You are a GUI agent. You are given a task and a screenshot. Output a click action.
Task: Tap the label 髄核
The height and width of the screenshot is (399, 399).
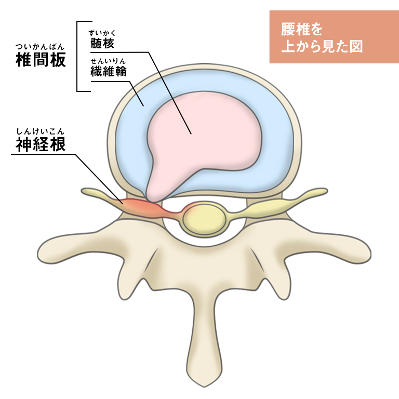(101, 43)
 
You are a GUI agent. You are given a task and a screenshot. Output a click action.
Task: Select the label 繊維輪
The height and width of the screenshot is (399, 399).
(108, 72)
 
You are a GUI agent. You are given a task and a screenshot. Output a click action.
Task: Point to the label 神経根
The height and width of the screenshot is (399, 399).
(41, 144)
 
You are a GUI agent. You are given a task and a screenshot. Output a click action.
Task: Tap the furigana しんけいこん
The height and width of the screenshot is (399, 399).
(41, 132)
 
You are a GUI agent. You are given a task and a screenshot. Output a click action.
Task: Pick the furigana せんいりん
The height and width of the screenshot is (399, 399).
(108, 61)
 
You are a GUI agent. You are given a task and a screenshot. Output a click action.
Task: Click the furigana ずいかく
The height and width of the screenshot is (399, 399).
(102, 33)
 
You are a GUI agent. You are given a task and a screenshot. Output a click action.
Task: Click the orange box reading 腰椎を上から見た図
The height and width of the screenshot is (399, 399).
(334, 37)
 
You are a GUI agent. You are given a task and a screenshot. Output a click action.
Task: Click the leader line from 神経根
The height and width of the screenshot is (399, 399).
(94, 171)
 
